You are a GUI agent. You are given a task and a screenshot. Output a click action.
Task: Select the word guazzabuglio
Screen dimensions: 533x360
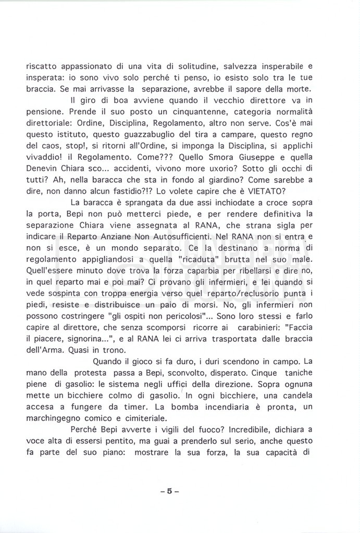[x=132, y=134]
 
